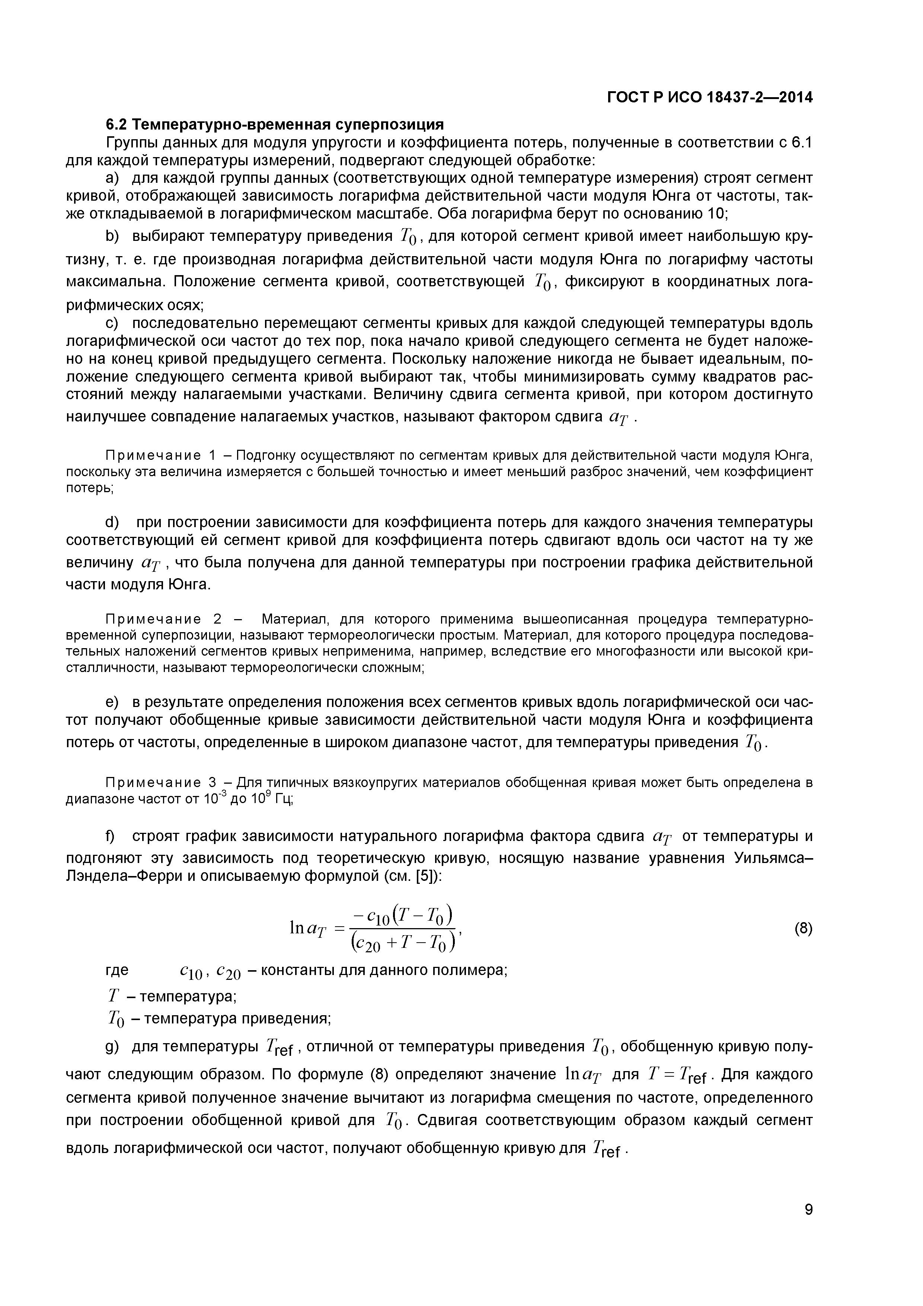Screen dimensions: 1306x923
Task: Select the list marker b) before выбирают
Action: [x=113, y=236]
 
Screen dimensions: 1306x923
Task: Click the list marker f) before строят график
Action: [x=111, y=835]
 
